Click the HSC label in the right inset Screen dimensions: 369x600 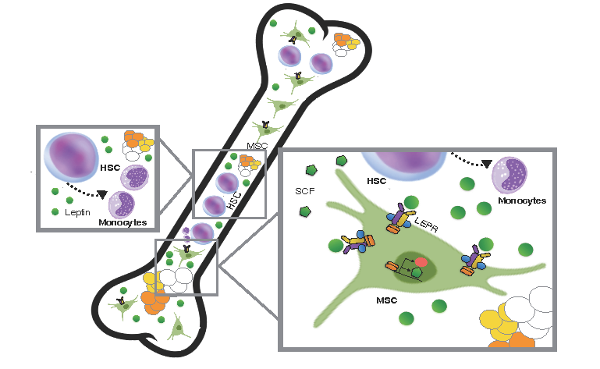tap(378, 181)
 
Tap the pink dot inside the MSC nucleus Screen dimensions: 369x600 tap(421, 261)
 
